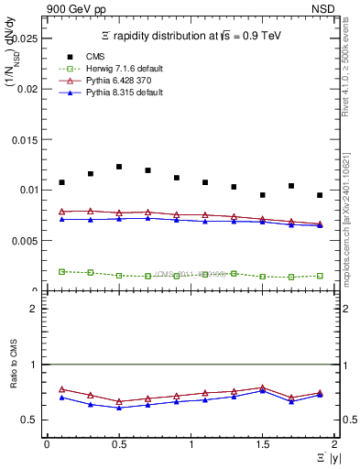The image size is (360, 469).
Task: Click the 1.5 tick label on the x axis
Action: click(x=262, y=444)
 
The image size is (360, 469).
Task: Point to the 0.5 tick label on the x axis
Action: click(x=118, y=444)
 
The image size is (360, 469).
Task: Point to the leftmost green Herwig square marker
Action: click(x=61, y=271)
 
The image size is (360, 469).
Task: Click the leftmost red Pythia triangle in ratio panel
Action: click(x=61, y=389)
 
